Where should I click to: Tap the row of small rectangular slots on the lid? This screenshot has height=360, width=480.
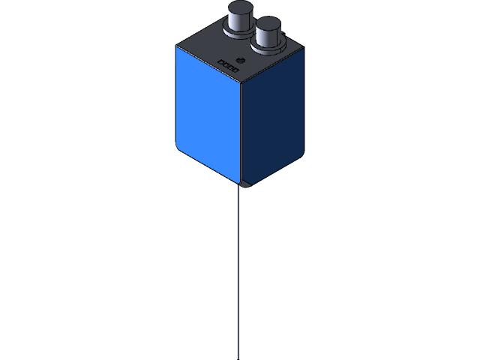[227, 64]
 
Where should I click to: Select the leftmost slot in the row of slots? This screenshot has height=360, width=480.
[220, 61]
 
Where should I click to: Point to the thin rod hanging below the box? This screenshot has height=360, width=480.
[238, 270]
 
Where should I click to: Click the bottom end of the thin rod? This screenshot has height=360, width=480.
[238, 357]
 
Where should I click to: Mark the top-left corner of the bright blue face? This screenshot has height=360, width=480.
[178, 48]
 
